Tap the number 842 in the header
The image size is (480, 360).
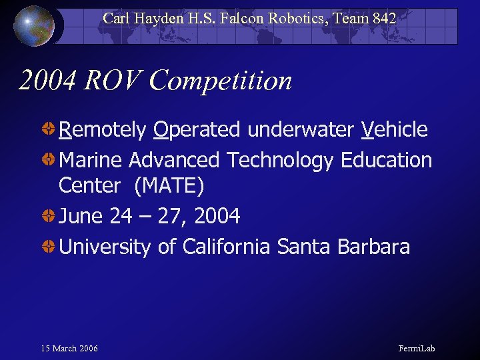(x=384, y=19)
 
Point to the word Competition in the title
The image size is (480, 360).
(x=221, y=81)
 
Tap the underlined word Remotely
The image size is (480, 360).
(x=102, y=129)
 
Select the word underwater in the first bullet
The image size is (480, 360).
(x=301, y=129)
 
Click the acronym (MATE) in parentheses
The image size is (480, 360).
(x=169, y=186)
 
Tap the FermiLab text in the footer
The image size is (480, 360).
(x=417, y=349)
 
